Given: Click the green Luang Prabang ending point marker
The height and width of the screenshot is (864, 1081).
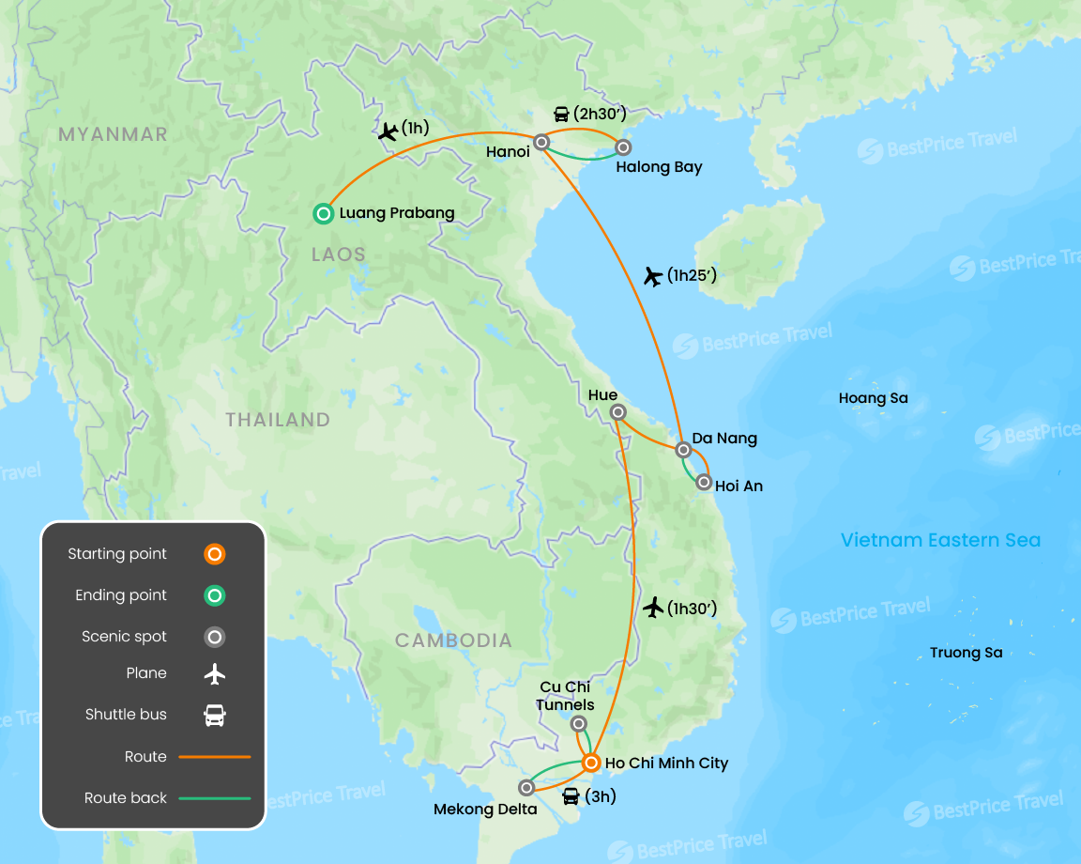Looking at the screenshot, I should pos(324,214).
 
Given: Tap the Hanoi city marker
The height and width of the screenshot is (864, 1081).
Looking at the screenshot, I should pos(541,144).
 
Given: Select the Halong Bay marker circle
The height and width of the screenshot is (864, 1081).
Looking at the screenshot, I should pos(622,147).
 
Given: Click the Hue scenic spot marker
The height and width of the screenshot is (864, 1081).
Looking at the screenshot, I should pos(617,412).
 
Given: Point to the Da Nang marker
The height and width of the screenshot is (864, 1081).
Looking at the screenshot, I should pos(684,450).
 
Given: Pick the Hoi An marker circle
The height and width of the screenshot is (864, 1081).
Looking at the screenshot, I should pos(704,483).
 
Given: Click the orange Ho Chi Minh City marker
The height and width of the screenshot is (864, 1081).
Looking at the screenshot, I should pos(590,763).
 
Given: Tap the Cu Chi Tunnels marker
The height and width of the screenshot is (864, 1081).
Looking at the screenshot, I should pos(579,723).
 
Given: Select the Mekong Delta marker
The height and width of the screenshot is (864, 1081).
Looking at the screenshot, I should pos(526,788).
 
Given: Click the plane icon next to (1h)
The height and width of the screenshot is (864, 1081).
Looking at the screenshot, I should pos(387,131).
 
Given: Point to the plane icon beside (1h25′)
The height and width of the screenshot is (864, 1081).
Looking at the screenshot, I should pos(653,276).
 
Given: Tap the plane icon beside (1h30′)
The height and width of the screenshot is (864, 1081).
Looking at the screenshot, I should pos(654,608).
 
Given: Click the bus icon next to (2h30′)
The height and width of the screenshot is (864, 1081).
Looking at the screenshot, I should pos(561,115).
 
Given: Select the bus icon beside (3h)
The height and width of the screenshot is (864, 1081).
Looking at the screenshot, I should pos(570,797).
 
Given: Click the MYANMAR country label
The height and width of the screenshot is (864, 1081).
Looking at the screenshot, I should pos(113,134).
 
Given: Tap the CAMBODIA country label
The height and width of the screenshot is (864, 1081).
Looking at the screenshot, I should pos(453,640).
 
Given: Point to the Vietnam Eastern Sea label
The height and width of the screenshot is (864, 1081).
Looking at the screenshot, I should pos(940,540).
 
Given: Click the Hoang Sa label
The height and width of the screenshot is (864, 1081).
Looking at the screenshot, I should pos(873,398).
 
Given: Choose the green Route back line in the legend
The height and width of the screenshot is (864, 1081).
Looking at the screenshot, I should pos(215,798).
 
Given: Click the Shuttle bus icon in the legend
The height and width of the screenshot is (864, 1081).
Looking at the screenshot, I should pos(215,716).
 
